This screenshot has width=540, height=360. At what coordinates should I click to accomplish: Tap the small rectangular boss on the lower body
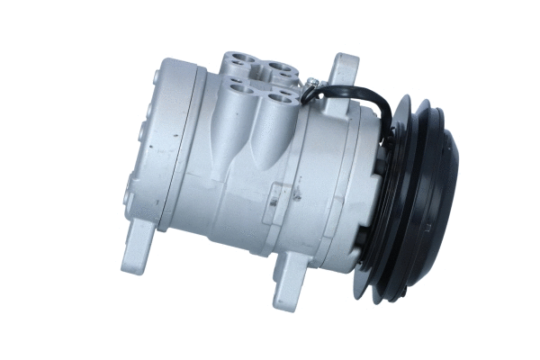pyautogui.click(x=281, y=193)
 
